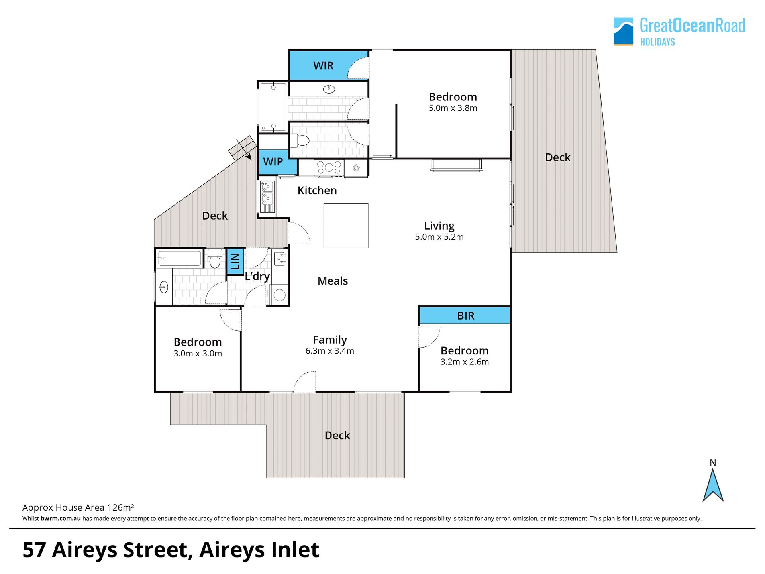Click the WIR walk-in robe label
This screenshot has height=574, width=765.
323,66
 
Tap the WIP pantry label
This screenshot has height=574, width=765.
273,162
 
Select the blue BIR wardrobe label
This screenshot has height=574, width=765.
465,316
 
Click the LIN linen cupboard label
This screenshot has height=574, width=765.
235,261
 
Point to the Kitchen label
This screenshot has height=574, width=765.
317,191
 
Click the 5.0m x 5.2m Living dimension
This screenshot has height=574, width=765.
439,237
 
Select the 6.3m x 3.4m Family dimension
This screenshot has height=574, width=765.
330,351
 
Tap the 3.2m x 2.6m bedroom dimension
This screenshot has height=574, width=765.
465,362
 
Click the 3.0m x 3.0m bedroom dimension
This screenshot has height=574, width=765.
198,354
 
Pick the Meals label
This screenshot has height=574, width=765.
333,281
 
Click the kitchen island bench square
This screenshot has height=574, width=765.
346,226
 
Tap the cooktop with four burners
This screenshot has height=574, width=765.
329,168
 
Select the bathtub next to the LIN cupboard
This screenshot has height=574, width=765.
180,258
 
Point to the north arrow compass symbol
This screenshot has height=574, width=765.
713,485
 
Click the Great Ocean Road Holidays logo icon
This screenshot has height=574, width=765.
623,31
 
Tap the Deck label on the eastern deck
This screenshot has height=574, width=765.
558,158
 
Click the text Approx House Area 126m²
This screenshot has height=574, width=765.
78,507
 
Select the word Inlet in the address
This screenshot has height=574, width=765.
295,550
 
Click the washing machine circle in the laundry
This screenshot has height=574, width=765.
280,295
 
